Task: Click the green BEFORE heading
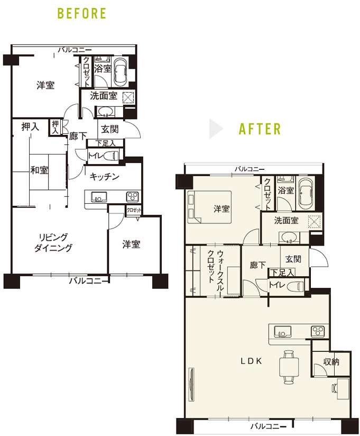click(x=81, y=13)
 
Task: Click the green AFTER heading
click(x=260, y=129)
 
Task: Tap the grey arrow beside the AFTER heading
click(x=216, y=129)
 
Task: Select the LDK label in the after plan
click(x=251, y=361)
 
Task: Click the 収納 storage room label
click(x=331, y=361)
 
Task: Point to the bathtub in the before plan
click(x=121, y=71)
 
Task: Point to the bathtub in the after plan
click(x=305, y=193)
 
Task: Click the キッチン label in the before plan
click(x=105, y=176)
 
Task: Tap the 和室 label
click(x=39, y=170)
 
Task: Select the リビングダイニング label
click(x=53, y=242)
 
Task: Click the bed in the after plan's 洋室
click(x=209, y=207)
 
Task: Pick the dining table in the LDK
click(x=289, y=367)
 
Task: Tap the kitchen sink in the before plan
click(x=99, y=197)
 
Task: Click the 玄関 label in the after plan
click(x=293, y=259)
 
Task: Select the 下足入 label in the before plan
click(x=106, y=143)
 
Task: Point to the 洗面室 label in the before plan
click(x=104, y=96)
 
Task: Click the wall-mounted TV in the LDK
click(x=191, y=384)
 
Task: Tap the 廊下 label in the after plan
click(x=258, y=265)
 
